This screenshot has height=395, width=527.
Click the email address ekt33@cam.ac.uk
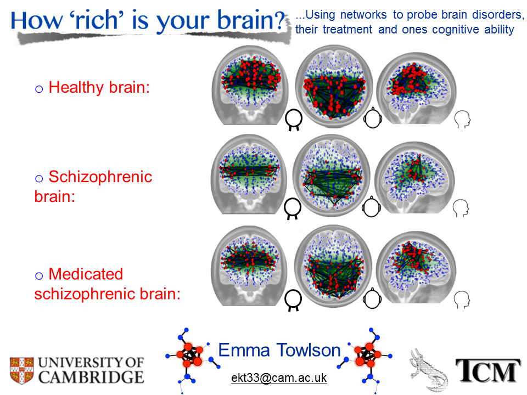point(279,378)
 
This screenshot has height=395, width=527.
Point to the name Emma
point(244,350)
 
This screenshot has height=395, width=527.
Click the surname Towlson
point(309,350)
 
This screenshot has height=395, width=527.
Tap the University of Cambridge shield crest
point(21,370)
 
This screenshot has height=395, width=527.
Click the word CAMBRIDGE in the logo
point(91,377)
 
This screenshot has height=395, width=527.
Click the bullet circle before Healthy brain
point(39,89)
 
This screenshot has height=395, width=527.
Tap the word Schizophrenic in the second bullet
point(100,177)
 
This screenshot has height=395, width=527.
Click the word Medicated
point(86,274)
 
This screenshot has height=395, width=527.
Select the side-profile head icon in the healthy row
point(462,119)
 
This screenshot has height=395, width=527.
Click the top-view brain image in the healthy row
point(334,86)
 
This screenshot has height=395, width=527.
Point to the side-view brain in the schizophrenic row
point(415,177)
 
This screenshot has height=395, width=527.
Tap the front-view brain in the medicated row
point(249,266)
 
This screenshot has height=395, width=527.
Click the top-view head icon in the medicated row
point(372,298)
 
